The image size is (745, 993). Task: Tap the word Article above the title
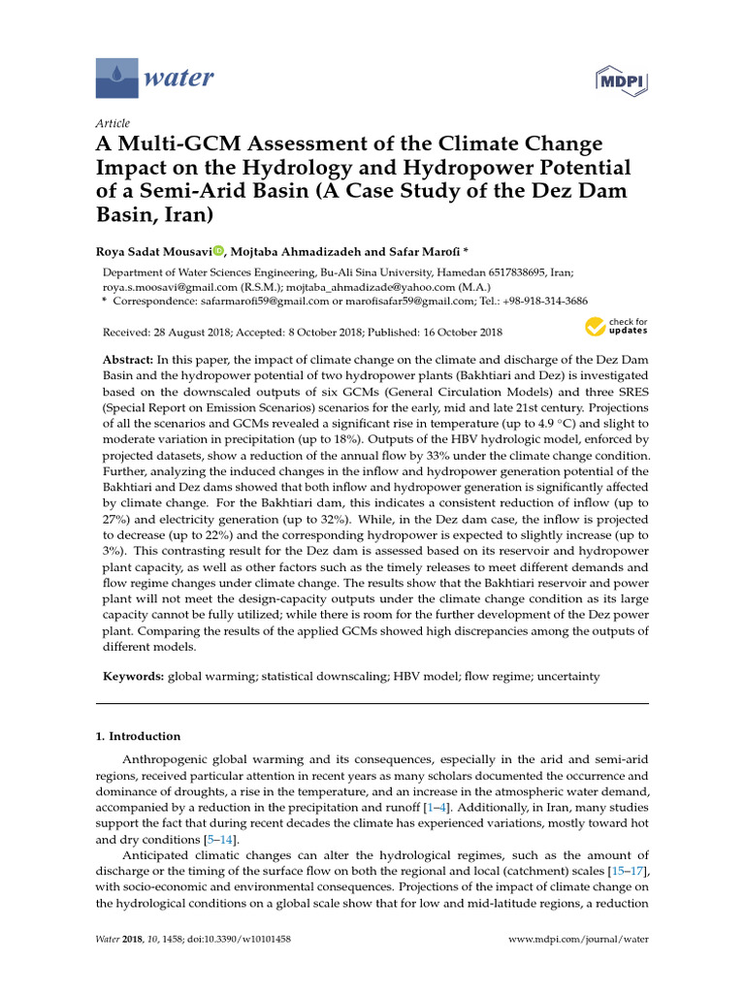coord(113,123)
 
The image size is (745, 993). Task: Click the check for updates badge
coord(615,327)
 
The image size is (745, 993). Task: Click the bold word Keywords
coord(134,675)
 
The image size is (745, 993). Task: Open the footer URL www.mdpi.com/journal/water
coord(578,940)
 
